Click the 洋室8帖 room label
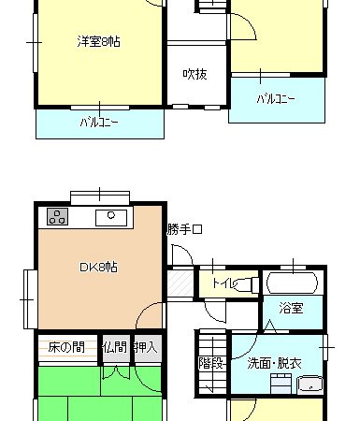point(98,41)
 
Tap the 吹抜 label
point(195,74)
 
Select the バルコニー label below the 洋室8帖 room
point(99,122)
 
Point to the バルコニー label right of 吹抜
point(276,99)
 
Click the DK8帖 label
point(98,268)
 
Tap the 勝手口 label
point(184,229)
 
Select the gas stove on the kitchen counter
point(58,216)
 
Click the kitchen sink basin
point(111,218)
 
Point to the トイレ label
point(223,283)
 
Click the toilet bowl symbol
point(246,284)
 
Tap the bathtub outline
point(292,283)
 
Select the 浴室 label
point(291,309)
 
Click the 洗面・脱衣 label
point(274,363)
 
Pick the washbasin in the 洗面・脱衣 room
point(310,385)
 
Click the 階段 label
point(211,363)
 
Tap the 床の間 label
point(66,347)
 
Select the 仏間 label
point(115,347)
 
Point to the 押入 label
point(145,347)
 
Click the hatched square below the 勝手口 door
point(180,283)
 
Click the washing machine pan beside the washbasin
point(281,384)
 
